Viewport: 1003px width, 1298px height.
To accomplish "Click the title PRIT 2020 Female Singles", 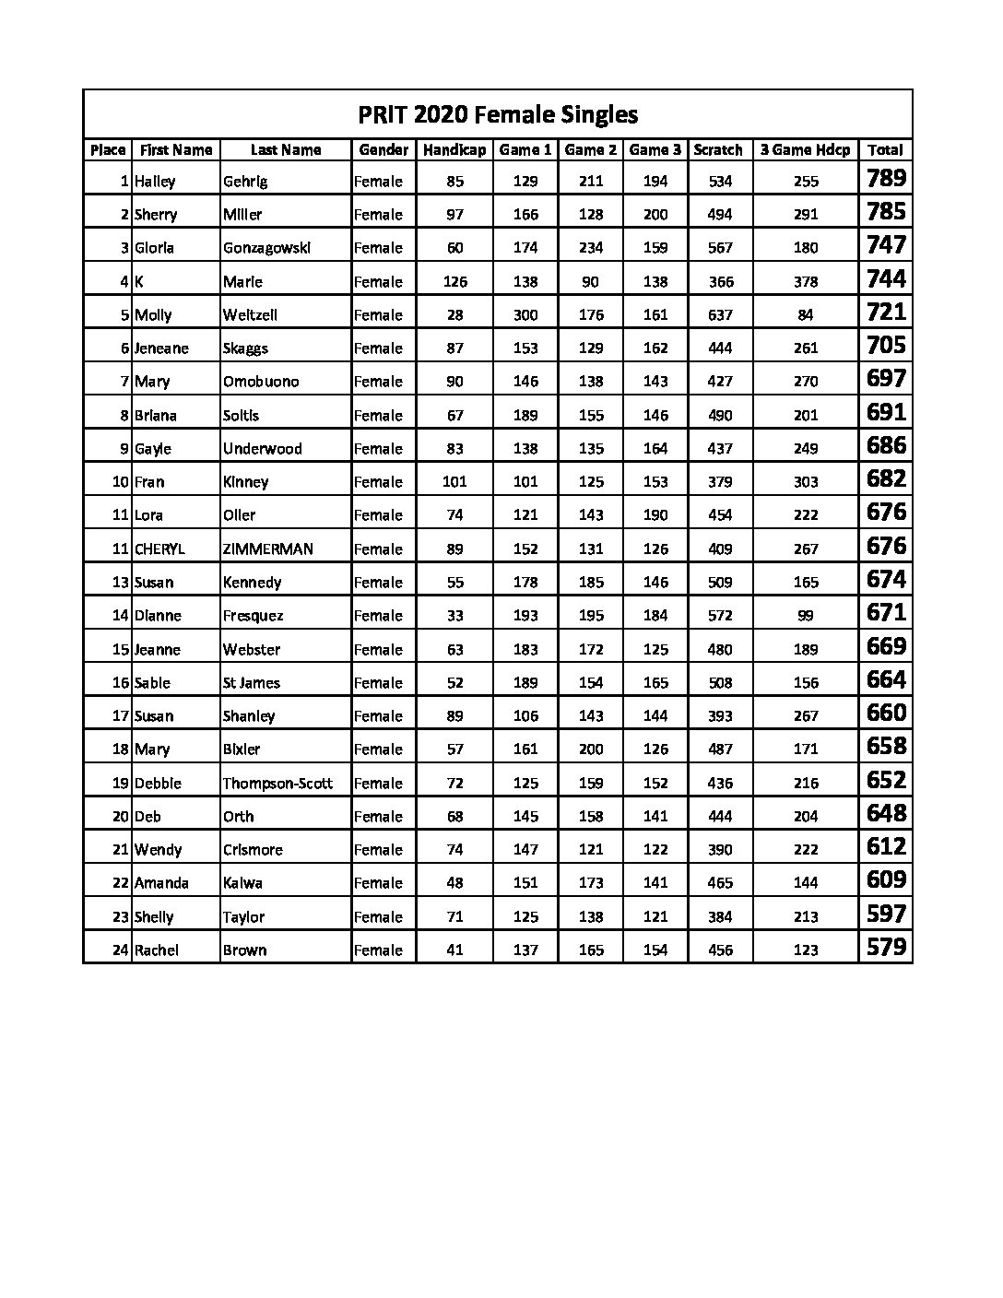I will tap(498, 115).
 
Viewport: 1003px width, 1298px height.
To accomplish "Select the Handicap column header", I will tap(454, 150).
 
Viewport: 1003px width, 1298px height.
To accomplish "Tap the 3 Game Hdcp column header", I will tap(805, 150).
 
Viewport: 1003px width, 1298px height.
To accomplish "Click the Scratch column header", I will tap(719, 150).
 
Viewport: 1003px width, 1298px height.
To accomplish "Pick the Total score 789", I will tap(886, 179).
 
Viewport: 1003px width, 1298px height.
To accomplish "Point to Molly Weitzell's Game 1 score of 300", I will tap(525, 315).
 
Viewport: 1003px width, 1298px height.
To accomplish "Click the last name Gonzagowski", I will tap(267, 248).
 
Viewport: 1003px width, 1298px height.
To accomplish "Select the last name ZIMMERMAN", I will tap(268, 549).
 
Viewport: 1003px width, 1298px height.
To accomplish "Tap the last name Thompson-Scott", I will tap(277, 784).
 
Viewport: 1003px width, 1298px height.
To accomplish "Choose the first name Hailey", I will tap(155, 182).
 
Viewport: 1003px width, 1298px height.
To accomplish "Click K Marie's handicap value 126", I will tap(454, 282).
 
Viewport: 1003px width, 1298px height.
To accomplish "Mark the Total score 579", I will tap(886, 948).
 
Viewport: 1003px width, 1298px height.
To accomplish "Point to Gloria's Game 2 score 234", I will tap(591, 248).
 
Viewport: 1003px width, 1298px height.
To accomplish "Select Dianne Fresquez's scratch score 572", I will tap(720, 616).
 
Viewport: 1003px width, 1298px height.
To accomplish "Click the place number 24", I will tap(120, 950).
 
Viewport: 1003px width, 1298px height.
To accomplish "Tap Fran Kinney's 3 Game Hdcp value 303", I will tap(805, 482).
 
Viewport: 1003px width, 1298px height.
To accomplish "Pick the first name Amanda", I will tap(161, 883).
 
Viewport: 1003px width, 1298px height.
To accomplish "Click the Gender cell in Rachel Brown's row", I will tap(378, 950).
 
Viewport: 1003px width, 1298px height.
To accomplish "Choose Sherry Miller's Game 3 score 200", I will tap(655, 215).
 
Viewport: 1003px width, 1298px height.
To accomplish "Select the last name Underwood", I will tap(262, 449).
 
